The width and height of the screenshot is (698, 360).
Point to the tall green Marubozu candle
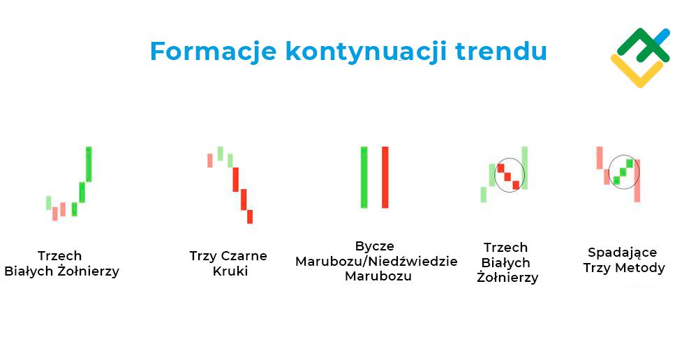coord(364,177)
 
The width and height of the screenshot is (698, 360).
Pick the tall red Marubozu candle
coord(385,177)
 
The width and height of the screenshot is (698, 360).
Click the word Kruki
coord(230,271)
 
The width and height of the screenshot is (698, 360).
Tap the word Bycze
coord(374,246)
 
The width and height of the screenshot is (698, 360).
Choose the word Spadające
coord(623,253)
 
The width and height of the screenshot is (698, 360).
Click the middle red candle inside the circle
coord(508,177)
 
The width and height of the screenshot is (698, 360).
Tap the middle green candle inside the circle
coord(623,171)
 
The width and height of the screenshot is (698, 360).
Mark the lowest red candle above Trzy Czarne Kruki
coord(249,217)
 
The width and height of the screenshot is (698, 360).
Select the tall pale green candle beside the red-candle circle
coord(524,167)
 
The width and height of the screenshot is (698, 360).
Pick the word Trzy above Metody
coord(598,268)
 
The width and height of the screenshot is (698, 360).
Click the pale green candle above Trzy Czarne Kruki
coord(221,153)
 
